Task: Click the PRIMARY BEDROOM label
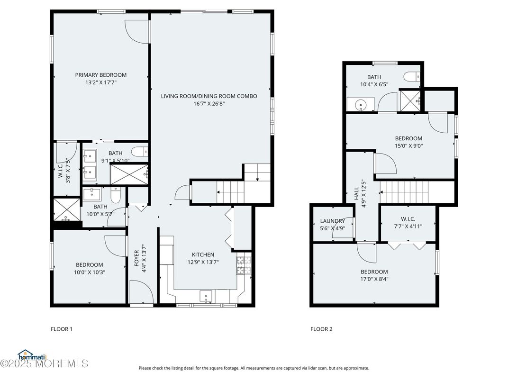tap(101, 75)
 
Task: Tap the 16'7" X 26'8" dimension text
tap(209, 104)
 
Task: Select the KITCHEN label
tap(203, 254)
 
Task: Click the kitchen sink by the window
tap(206, 296)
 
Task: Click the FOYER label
tap(136, 258)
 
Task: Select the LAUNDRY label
tap(332, 221)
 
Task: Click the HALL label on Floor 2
tap(356, 193)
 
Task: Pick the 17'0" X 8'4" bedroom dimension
tap(374, 279)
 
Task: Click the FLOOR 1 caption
tap(62, 329)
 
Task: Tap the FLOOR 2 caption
tap(321, 329)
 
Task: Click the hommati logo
tap(32, 355)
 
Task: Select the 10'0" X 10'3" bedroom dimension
tap(90, 272)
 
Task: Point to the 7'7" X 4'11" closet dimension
tap(408, 227)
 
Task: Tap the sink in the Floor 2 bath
tap(360, 104)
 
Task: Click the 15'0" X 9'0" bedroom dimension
tap(408, 146)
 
